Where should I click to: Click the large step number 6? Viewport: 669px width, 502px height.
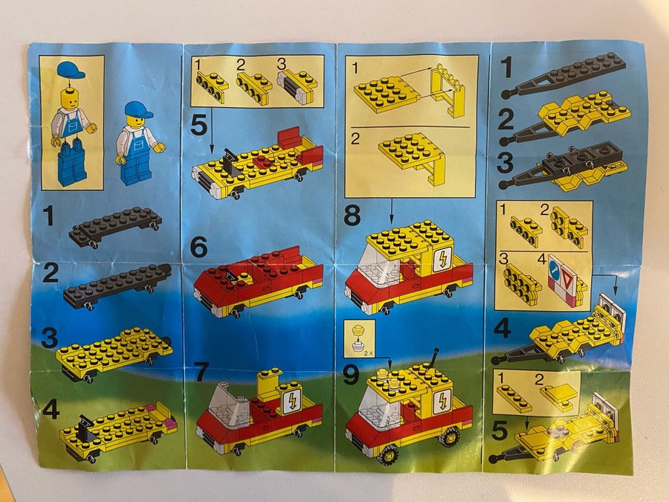198,247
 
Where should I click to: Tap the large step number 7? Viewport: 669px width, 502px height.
204,371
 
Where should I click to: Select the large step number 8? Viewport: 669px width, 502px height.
352,216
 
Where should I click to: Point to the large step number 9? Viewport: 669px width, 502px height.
351,376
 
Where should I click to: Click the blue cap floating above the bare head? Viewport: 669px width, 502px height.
71,70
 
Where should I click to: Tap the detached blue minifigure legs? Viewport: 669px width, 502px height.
71,163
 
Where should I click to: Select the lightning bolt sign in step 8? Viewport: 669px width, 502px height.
442,259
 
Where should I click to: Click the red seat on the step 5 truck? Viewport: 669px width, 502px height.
291,137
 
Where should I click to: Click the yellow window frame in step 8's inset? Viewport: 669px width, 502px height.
447,90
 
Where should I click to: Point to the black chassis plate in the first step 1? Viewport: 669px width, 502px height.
114,226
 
